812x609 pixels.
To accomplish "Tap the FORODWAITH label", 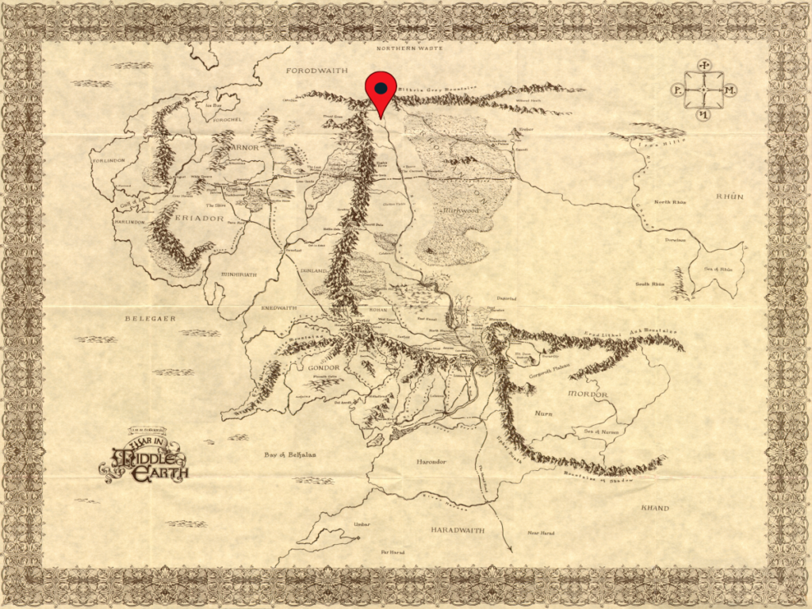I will (316, 71).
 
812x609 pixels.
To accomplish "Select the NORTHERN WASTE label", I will (407, 48).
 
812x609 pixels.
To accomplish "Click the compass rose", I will (703, 90).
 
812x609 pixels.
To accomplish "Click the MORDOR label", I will (588, 394).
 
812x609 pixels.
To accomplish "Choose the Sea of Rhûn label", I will (718, 270).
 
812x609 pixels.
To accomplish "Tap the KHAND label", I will (655, 508).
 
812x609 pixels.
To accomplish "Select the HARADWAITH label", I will (458, 529).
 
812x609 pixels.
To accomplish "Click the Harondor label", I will (432, 461).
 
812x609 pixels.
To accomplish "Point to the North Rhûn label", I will (670, 202).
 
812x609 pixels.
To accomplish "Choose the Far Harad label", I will (394, 551).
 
